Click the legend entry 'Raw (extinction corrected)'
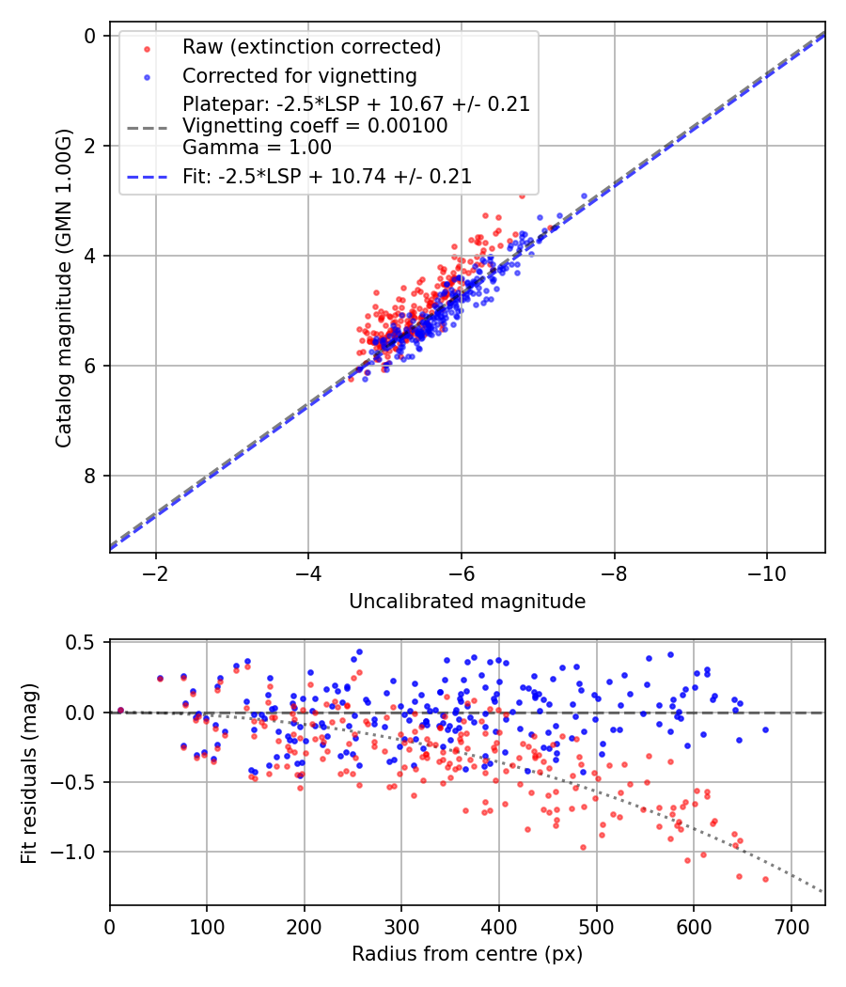[x=311, y=47]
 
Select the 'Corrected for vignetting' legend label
[x=300, y=75]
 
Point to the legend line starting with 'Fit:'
[x=327, y=176]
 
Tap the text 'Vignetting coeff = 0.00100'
[x=315, y=126]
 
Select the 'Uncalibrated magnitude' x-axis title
[x=467, y=602]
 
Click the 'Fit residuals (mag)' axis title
[x=29, y=772]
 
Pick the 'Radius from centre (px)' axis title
[x=467, y=954]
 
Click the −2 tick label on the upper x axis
[x=156, y=574]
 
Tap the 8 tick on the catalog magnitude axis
[x=91, y=476]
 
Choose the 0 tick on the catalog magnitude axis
[x=91, y=36]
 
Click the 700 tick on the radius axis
[x=791, y=928]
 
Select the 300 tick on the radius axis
[x=401, y=928]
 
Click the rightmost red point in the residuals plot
[x=765, y=879]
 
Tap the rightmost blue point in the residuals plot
[x=765, y=729]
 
